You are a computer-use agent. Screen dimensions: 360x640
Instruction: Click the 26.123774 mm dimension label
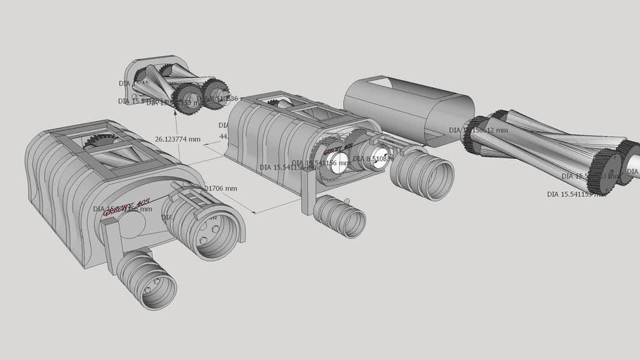coord(177,139)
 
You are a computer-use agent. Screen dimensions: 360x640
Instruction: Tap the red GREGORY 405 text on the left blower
coord(127,207)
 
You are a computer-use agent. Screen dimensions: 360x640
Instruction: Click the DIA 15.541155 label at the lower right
coord(574,194)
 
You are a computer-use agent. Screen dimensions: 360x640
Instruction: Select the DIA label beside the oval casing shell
coord(478,130)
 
